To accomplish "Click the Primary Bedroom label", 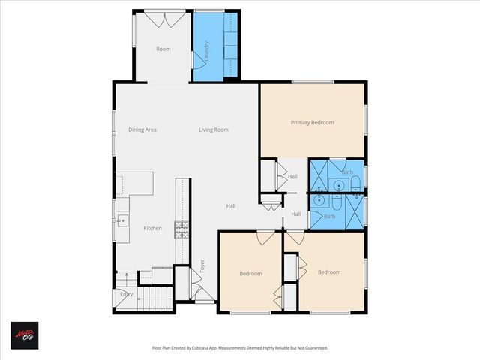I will pyautogui.click(x=312, y=122).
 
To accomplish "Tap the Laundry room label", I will pyautogui.click(x=206, y=50).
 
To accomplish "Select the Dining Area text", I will pyautogui.click(x=142, y=130).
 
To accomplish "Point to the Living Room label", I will pyautogui.click(x=213, y=130).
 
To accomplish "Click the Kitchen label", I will pyautogui.click(x=152, y=228).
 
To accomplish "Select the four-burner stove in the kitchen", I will pyautogui.click(x=181, y=229).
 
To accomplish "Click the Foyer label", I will pyautogui.click(x=202, y=267).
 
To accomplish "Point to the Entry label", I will pyautogui.click(x=126, y=294).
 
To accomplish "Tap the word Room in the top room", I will pyautogui.click(x=163, y=49).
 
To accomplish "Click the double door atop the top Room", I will pyautogui.click(x=163, y=20).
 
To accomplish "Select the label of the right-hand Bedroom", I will pyautogui.click(x=328, y=271).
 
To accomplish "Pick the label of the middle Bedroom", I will pyautogui.click(x=250, y=273).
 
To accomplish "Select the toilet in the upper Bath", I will pyautogui.click(x=355, y=182).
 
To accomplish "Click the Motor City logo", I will pyautogui.click(x=24, y=334).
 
